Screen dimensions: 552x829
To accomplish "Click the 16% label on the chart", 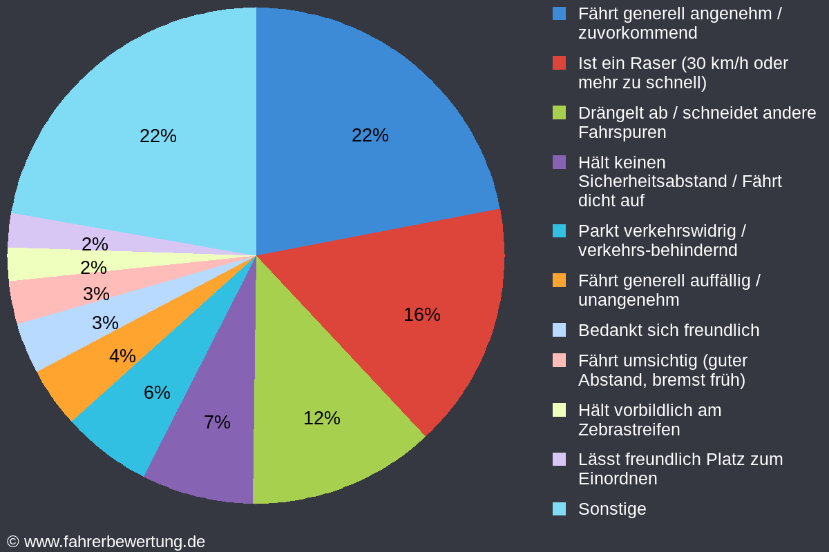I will tap(421, 315).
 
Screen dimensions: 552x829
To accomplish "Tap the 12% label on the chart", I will tap(322, 418).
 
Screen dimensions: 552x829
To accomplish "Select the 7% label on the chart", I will tap(217, 422).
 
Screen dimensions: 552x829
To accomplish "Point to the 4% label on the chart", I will tap(122, 356).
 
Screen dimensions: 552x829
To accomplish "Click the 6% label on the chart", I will tap(157, 393).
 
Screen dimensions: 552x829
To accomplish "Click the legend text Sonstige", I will tap(612, 509).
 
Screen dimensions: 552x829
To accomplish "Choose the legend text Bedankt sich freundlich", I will tap(668, 331).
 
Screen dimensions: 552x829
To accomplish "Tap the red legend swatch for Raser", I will tap(560, 63).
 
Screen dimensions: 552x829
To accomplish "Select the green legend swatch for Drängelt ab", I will tap(560, 112).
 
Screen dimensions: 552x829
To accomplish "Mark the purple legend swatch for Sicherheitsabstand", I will tap(560, 162).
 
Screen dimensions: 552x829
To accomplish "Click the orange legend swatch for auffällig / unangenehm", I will tap(560, 280).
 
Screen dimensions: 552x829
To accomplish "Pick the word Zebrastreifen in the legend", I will tap(629, 430).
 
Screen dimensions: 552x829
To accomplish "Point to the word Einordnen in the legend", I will tap(618, 479).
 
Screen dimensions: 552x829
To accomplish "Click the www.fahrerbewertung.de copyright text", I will tap(114, 542).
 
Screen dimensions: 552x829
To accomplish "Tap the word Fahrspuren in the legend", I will tap(622, 132).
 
